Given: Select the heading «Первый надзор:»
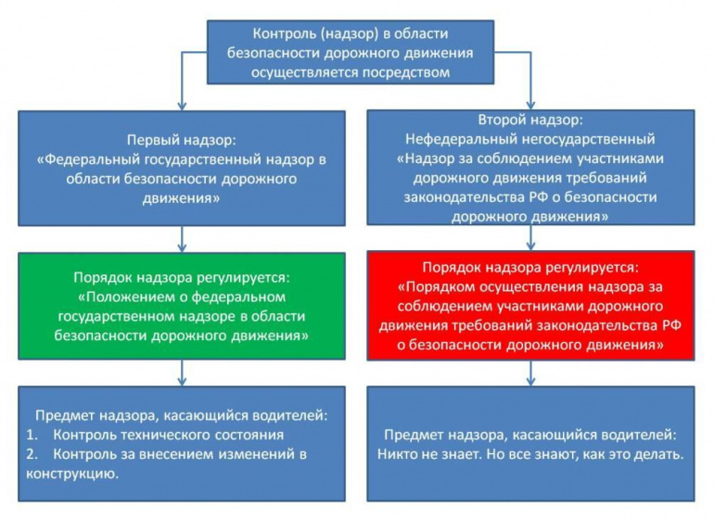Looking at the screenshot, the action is click(182, 140).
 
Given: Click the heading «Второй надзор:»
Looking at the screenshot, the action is click(530, 120).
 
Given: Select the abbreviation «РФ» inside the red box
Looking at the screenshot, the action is click(670, 325).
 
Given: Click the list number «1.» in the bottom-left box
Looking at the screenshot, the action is click(32, 435).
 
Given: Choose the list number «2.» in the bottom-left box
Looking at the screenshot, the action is click(32, 454).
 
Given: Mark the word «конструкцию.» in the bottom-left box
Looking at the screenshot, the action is click(72, 474).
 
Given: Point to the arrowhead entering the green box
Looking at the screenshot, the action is click(182, 248).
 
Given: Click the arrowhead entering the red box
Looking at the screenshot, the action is click(530, 246).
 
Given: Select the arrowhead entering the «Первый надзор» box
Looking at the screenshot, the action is click(182, 106).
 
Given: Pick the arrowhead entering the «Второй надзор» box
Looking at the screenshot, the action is click(530, 105).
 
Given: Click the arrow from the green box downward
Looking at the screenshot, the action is click(182, 373).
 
